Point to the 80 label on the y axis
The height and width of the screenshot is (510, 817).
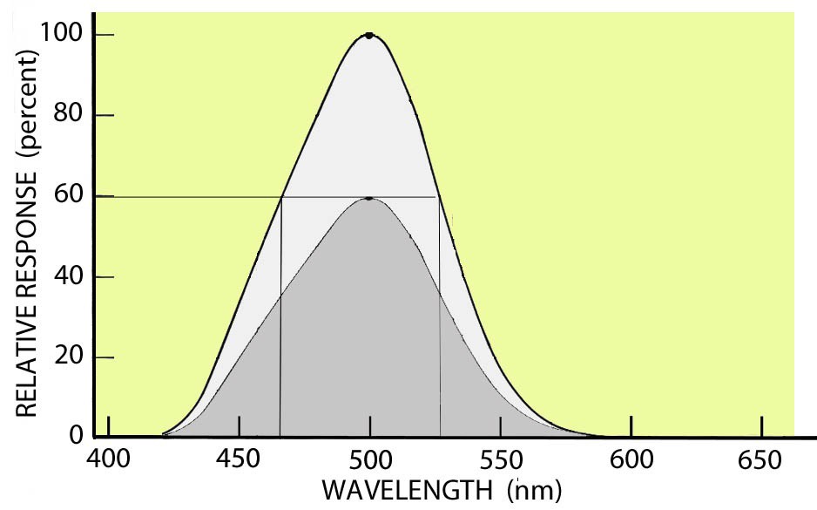[x=71, y=116]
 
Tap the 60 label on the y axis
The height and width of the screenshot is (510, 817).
[x=71, y=197]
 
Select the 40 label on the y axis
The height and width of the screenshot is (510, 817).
[x=71, y=277]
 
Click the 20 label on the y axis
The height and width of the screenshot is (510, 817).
[x=71, y=357]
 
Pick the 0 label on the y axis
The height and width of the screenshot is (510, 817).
[x=77, y=436]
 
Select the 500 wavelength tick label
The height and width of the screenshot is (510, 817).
[x=370, y=459]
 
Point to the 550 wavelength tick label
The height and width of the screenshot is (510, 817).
[x=501, y=459]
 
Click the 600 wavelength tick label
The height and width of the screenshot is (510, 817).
[x=631, y=459]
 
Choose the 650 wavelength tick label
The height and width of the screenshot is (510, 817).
[x=762, y=459]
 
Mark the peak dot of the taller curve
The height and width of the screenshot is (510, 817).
[x=369, y=36]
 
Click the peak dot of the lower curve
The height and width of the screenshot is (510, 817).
[x=369, y=199]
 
